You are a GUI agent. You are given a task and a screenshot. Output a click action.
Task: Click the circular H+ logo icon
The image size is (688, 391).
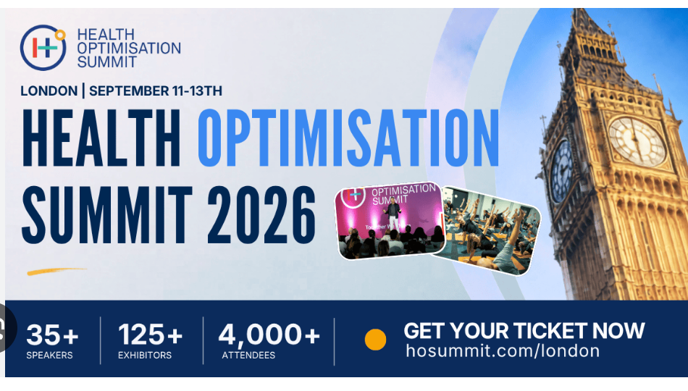(x=43, y=47)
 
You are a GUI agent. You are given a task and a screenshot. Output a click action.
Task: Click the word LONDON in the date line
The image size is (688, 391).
(x=49, y=91)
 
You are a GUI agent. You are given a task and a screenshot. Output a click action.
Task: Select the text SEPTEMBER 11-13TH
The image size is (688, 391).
(x=156, y=91)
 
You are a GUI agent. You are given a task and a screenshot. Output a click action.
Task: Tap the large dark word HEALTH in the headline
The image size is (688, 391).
(x=101, y=138)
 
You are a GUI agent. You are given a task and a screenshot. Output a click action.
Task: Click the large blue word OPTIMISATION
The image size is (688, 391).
(x=348, y=138)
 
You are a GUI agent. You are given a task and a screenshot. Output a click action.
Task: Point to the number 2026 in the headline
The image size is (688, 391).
(x=261, y=214)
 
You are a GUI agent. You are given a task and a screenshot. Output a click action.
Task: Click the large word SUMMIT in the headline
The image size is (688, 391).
(x=107, y=214)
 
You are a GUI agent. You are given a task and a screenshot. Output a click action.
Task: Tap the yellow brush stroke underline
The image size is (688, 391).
(x=56, y=272)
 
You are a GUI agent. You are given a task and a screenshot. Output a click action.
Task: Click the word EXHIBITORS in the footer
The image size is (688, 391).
(x=145, y=355)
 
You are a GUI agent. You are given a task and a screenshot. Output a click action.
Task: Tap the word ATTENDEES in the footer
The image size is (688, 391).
(x=248, y=355)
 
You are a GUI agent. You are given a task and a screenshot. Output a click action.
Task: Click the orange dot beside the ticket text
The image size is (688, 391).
(x=376, y=340)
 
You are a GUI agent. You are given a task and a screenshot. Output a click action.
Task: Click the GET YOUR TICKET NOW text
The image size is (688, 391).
(x=524, y=331)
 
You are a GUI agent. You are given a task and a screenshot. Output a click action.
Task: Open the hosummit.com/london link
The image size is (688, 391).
(x=503, y=351)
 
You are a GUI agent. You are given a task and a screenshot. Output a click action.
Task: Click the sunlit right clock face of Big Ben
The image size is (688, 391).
(x=637, y=141)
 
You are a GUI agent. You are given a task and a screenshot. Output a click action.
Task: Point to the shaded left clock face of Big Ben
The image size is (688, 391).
(x=562, y=171)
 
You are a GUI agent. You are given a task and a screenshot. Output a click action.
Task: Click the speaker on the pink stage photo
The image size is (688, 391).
(x=393, y=216)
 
